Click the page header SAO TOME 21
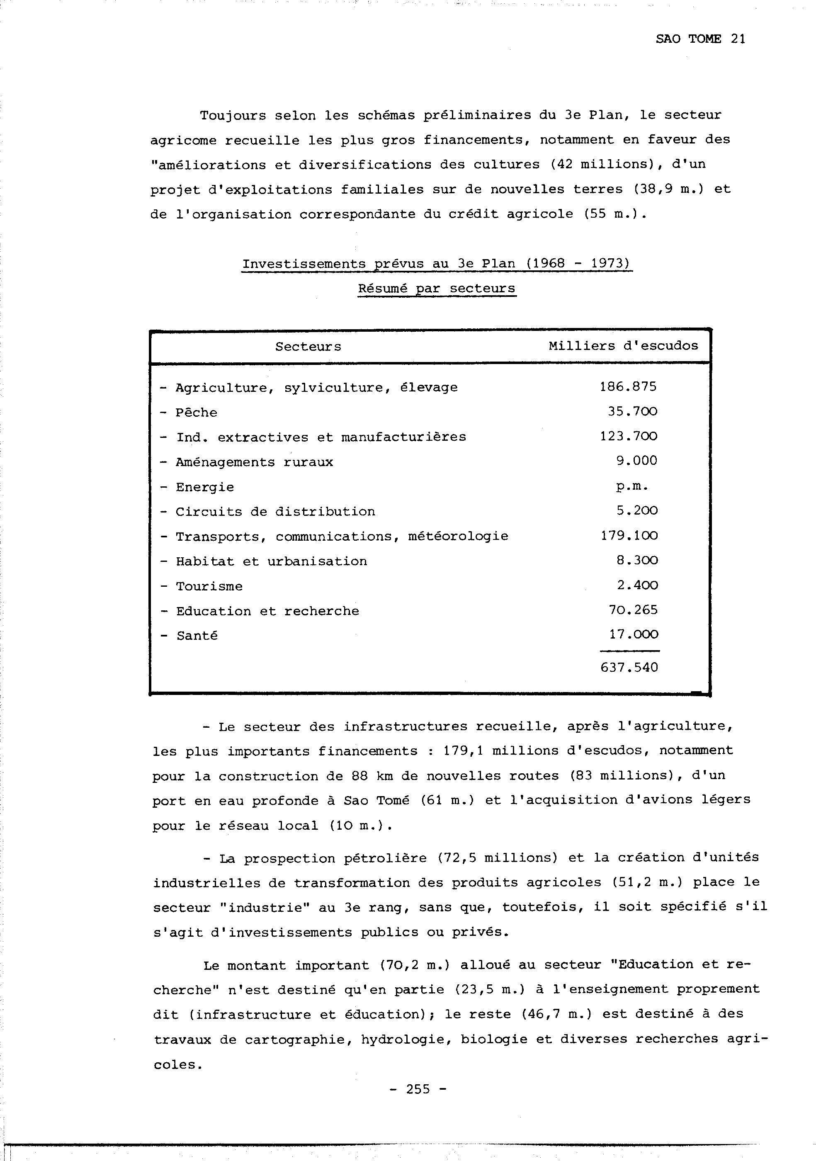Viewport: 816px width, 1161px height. (x=700, y=39)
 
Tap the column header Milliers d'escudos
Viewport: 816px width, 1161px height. (x=623, y=346)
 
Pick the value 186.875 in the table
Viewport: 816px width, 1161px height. (x=628, y=387)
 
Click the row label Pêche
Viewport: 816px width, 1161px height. (x=196, y=413)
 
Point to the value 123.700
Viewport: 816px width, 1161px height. (x=629, y=436)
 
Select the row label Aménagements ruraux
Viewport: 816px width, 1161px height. (x=254, y=462)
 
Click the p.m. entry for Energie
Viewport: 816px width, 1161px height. (x=631, y=486)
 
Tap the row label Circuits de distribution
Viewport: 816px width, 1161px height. (x=275, y=512)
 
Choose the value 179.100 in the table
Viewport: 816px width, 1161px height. (x=629, y=535)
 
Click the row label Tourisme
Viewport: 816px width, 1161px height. (x=209, y=587)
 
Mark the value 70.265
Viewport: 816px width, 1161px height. (x=633, y=610)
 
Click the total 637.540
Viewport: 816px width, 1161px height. (x=629, y=668)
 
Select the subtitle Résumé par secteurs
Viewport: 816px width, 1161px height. (x=437, y=288)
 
